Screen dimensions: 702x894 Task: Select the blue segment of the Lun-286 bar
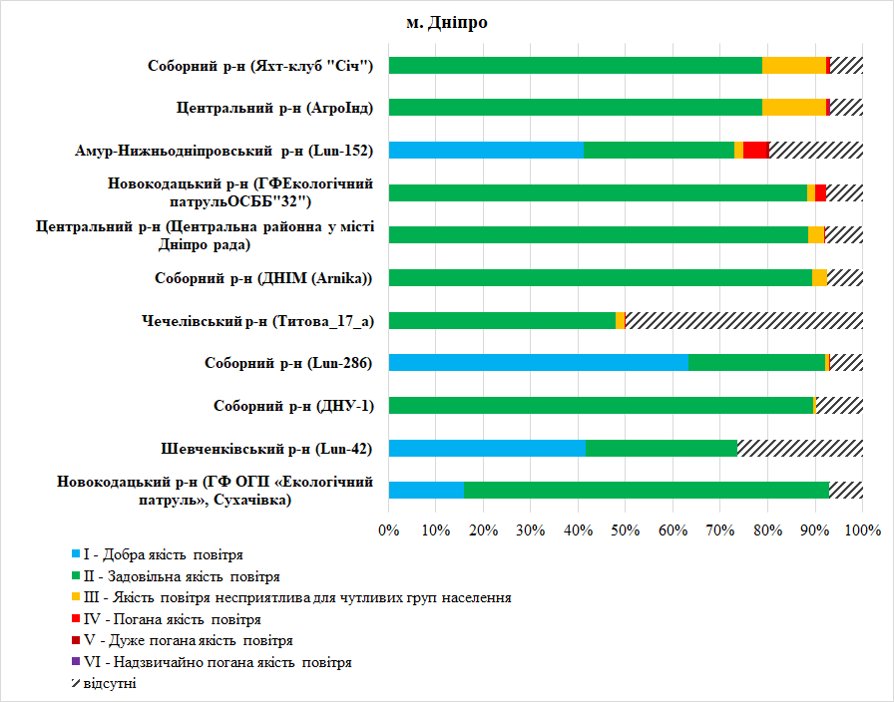pyautogui.click(x=538, y=363)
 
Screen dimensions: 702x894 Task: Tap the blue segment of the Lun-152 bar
pyautogui.click(x=486, y=151)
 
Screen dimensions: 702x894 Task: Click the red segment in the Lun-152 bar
pyautogui.click(x=755, y=151)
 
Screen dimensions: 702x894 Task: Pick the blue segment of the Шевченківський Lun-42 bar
pyautogui.click(x=487, y=448)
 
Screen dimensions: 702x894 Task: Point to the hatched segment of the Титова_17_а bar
pyautogui.click(x=743, y=320)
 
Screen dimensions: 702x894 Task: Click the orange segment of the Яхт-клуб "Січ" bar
pyautogui.click(x=794, y=66)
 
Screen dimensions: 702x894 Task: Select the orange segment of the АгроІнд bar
pyautogui.click(x=794, y=108)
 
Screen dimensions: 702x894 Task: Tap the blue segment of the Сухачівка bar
pyautogui.click(x=426, y=490)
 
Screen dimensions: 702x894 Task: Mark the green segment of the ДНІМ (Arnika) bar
pyautogui.click(x=600, y=278)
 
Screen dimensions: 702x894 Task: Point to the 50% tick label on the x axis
pyautogui.click(x=625, y=528)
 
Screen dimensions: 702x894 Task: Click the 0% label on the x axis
pyautogui.click(x=389, y=528)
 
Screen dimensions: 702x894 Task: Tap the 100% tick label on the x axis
pyautogui.click(x=860, y=528)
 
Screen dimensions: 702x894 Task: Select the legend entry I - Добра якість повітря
pyautogui.click(x=165, y=554)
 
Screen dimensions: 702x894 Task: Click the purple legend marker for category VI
pyautogui.click(x=74, y=661)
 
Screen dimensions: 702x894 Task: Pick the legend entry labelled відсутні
pyautogui.click(x=110, y=683)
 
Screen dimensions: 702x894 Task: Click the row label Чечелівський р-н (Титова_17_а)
pyautogui.click(x=257, y=321)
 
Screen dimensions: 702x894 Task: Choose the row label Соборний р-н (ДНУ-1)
pyautogui.click(x=293, y=406)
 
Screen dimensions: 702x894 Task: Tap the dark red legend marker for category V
pyautogui.click(x=74, y=640)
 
